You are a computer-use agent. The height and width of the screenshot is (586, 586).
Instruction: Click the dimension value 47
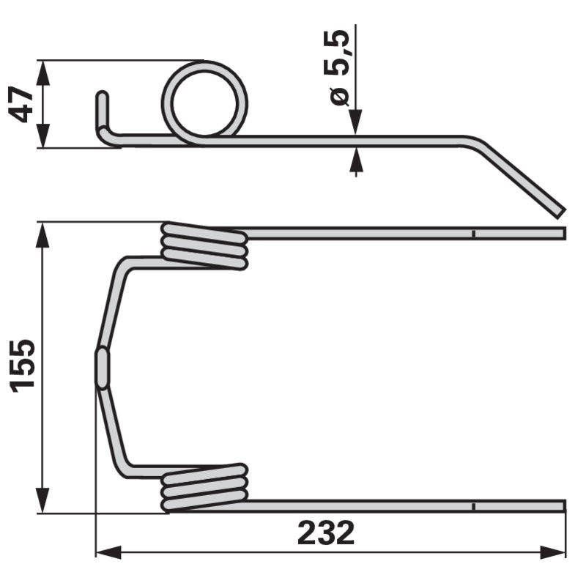pos(21,105)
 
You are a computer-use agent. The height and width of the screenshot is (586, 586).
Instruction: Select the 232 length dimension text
pos(326,533)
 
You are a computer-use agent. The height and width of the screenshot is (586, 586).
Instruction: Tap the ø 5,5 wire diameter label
pos(339,67)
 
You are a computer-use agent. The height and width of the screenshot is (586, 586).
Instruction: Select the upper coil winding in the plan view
pos(204,245)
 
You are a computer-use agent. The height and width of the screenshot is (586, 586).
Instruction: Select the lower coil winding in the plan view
pos(204,487)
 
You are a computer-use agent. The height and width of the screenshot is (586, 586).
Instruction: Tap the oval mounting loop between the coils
pos(102,368)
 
